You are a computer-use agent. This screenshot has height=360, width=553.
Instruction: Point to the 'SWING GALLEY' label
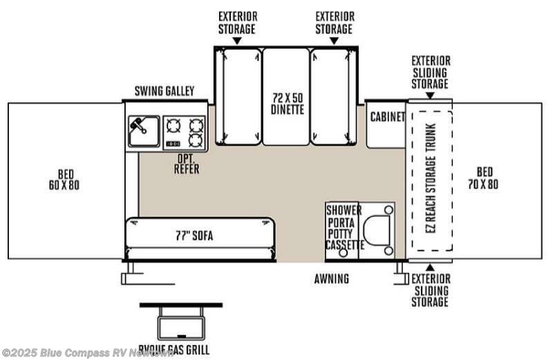[x=165, y=91]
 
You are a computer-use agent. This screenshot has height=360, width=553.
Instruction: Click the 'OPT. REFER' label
[x=187, y=163]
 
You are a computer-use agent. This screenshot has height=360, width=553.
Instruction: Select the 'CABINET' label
[x=387, y=117]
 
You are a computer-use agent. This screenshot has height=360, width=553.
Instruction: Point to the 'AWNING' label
[x=332, y=279]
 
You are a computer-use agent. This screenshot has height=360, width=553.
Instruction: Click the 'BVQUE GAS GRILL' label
[x=174, y=350]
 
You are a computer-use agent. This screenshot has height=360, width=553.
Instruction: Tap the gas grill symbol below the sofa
[x=180, y=321]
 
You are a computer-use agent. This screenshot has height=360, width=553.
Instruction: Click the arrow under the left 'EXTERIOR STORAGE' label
[x=236, y=41]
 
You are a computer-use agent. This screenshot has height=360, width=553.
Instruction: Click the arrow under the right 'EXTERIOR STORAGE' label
[x=334, y=41]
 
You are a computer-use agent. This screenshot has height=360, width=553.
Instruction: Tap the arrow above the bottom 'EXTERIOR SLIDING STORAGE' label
[x=429, y=267]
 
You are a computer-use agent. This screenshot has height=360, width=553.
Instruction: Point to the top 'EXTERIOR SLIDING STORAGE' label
[x=429, y=72]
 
